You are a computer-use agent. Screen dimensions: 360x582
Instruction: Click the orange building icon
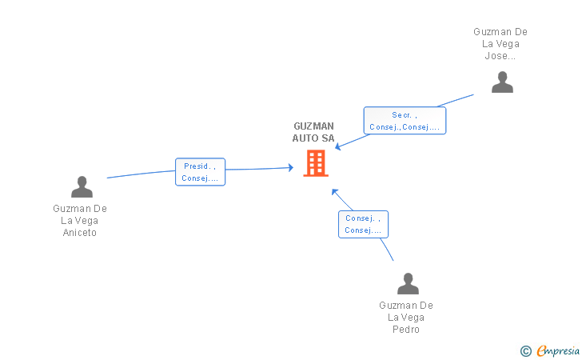(x=316, y=163)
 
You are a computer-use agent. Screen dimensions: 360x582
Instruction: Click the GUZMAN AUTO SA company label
(x=313, y=132)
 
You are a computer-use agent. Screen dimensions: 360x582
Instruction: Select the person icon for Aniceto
(x=82, y=186)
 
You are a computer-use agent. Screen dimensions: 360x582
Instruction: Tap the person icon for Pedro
(x=408, y=284)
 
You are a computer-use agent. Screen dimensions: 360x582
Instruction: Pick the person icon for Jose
(x=502, y=82)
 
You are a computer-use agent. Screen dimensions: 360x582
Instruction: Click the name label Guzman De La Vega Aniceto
(x=80, y=221)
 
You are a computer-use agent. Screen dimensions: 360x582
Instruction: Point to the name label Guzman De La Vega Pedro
(x=406, y=318)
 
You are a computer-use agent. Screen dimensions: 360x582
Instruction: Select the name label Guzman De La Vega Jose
(x=500, y=44)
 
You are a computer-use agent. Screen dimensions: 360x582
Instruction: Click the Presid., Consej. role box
(x=200, y=172)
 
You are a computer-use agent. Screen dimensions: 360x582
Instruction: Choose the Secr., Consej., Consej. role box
(x=405, y=121)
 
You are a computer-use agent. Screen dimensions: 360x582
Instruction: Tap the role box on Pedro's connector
(x=363, y=224)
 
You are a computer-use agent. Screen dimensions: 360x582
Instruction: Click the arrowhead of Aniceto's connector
(x=291, y=167)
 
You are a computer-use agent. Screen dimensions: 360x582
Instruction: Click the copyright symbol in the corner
(x=525, y=350)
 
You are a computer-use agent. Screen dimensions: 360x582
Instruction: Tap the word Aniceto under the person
(x=80, y=233)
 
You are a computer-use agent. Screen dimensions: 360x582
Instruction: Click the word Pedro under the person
(x=406, y=330)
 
